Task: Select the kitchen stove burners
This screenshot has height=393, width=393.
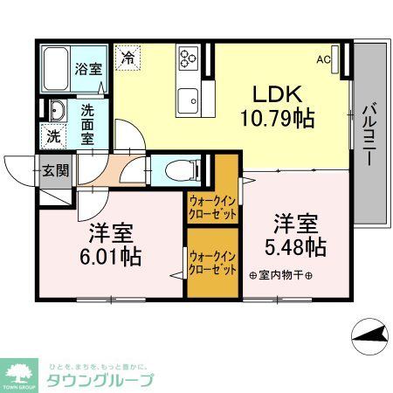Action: (x=188, y=59)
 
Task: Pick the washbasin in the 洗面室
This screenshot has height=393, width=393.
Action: (x=56, y=111)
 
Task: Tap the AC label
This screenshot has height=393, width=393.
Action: (x=323, y=59)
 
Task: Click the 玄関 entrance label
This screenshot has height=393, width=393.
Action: (x=55, y=170)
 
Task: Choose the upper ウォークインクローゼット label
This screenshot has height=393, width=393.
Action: (x=212, y=206)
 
